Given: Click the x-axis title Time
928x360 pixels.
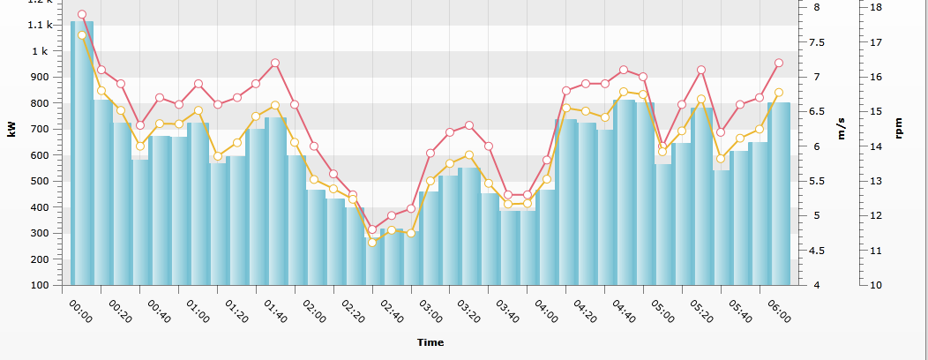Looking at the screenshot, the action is click(430, 342).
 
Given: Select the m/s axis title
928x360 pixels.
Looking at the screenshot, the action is click(841, 129).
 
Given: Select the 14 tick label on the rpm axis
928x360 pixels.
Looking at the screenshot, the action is click(876, 146).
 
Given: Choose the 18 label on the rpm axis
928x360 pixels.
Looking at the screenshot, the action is click(876, 8).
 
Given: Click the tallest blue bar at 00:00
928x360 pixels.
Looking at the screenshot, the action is click(82, 153).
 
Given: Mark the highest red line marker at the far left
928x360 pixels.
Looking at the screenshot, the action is click(82, 14).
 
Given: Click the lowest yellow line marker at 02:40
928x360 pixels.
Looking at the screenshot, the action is click(372, 242).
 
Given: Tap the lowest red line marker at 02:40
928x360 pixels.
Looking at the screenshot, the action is click(372, 229).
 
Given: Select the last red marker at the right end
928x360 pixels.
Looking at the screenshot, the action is click(779, 63).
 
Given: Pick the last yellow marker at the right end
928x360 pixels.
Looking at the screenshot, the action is click(779, 93).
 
